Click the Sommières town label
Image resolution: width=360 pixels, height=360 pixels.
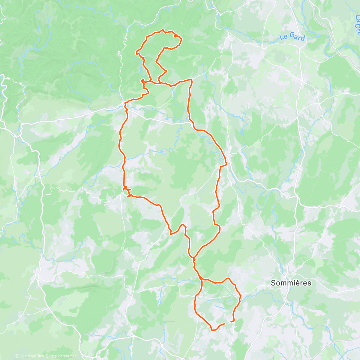[x=287, y=283]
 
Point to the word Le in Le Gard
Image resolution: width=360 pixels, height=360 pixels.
[x=283, y=37]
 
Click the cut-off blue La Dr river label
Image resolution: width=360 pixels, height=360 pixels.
[x=357, y=25]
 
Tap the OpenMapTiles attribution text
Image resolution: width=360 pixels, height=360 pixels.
[x=31, y=356]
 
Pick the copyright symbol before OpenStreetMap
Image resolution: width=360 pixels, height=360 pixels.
[x=47, y=356]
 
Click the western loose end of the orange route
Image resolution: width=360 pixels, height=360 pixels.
[x=224, y=324]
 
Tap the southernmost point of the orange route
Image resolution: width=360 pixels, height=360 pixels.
[x=213, y=330]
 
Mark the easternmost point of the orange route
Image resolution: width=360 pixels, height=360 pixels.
[x=241, y=296]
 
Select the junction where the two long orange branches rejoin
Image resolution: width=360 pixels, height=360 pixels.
[x=194, y=258]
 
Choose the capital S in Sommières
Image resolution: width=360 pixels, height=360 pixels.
[x=273, y=283]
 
